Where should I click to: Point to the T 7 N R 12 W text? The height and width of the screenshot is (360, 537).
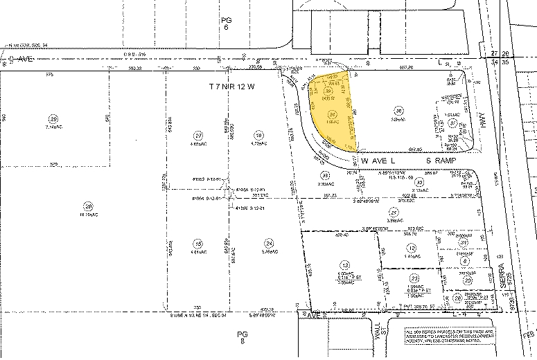pyautogui.click(x=233, y=87)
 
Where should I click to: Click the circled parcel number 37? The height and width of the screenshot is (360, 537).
pyautogui.click(x=452, y=122)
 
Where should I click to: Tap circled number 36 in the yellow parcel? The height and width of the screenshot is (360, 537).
pyautogui.click(x=333, y=114)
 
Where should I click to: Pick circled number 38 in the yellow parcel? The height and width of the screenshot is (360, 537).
pyautogui.click(x=330, y=90)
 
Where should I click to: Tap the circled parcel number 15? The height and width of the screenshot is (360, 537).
pyautogui.click(x=198, y=244)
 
